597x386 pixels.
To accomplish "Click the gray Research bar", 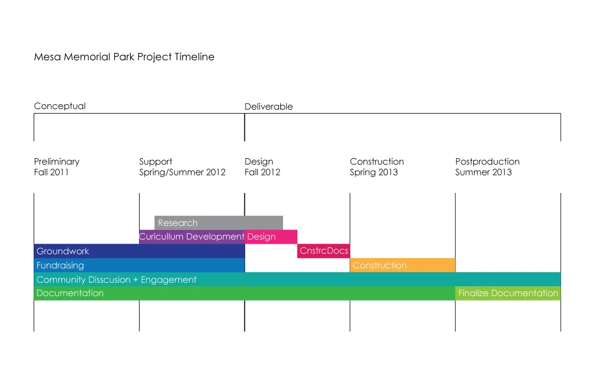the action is (x=218, y=223).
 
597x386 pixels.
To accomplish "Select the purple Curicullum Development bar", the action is (x=192, y=237).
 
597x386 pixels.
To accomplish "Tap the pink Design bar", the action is (x=271, y=237).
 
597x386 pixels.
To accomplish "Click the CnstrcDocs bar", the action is (x=324, y=251).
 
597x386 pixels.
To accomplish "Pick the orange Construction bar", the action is (x=402, y=265).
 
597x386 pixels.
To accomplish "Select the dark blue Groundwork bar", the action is (x=140, y=251).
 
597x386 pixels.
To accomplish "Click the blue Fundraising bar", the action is (x=140, y=265).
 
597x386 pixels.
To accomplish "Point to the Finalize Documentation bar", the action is (x=508, y=293).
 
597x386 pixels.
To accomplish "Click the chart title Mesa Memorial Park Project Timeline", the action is (x=124, y=57).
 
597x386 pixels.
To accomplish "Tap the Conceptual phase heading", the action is (x=60, y=106).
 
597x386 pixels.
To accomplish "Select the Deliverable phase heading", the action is (x=269, y=106).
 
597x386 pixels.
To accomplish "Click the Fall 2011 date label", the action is (x=51, y=172).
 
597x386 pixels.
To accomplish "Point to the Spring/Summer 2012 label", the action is (x=183, y=173).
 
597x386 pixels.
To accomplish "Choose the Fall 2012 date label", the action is (x=262, y=172).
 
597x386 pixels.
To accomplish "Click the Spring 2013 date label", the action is (x=374, y=173).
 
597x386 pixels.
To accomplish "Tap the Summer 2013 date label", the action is (x=483, y=172).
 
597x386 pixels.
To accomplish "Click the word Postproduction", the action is (x=487, y=162).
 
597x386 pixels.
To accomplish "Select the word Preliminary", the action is (x=57, y=162).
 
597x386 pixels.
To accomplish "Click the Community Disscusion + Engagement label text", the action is (x=116, y=280).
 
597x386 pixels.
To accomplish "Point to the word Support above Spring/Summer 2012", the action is (x=156, y=162).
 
